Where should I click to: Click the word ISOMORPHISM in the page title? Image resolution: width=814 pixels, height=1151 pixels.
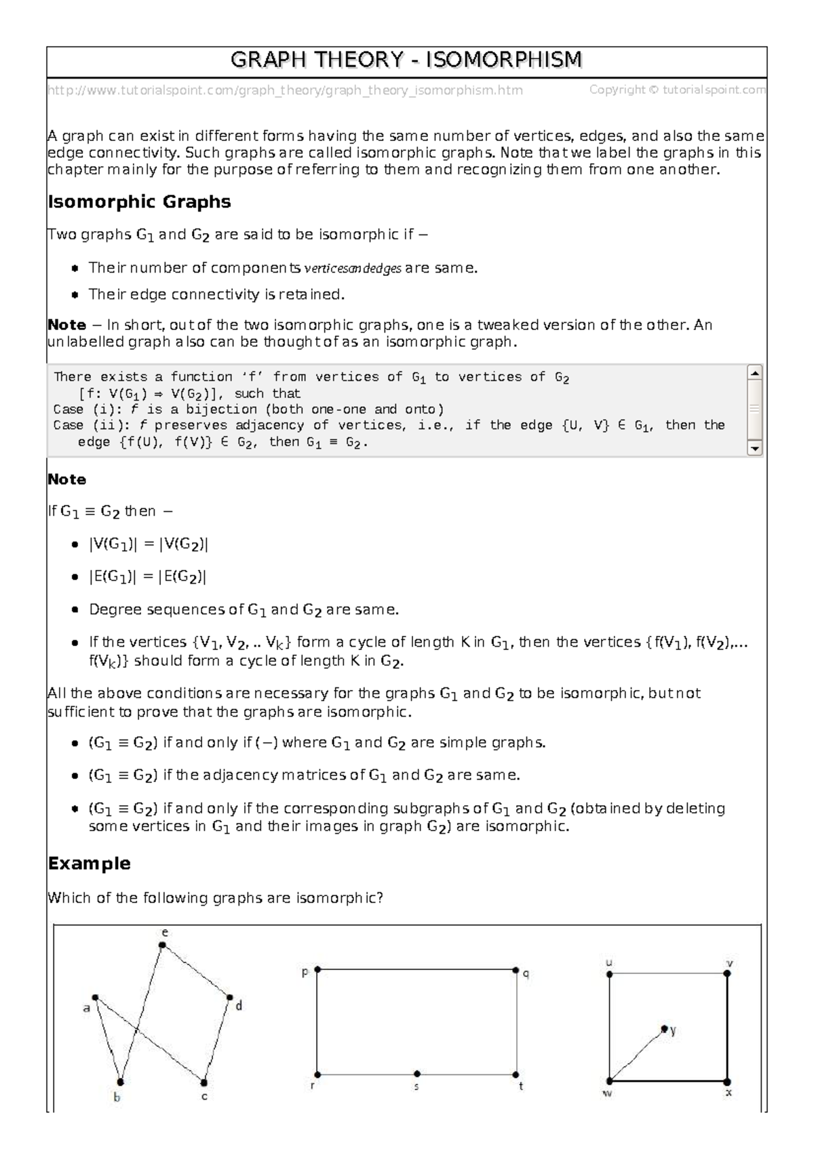(503, 61)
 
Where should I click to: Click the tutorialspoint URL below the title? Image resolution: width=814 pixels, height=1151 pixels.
(285, 90)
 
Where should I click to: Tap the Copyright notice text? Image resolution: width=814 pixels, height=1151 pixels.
(677, 90)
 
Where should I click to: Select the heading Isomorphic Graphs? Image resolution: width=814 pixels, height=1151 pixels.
(139, 202)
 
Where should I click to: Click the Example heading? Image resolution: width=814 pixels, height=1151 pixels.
(89, 864)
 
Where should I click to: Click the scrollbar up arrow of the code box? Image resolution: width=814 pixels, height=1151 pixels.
(754, 373)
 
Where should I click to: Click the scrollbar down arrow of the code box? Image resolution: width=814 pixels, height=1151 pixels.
(754, 448)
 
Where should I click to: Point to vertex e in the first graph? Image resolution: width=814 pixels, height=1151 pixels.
(163, 945)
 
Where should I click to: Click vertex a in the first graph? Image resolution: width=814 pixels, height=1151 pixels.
(96, 997)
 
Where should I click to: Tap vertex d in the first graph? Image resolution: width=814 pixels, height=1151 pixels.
(230, 998)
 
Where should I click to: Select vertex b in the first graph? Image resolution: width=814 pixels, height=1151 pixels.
(120, 1082)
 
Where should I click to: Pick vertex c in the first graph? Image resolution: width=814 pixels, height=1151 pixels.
(203, 1083)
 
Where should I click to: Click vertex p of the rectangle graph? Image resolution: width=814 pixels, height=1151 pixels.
(317, 970)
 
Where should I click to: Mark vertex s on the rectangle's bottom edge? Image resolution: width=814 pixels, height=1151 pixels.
(416, 1074)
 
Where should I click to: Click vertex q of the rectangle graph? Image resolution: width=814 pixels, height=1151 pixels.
(516, 970)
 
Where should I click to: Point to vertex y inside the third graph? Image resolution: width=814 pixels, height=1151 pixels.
(664, 1028)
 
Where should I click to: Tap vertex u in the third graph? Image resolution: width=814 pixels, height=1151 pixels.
(609, 974)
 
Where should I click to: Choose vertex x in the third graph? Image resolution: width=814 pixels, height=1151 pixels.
(727, 1081)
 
